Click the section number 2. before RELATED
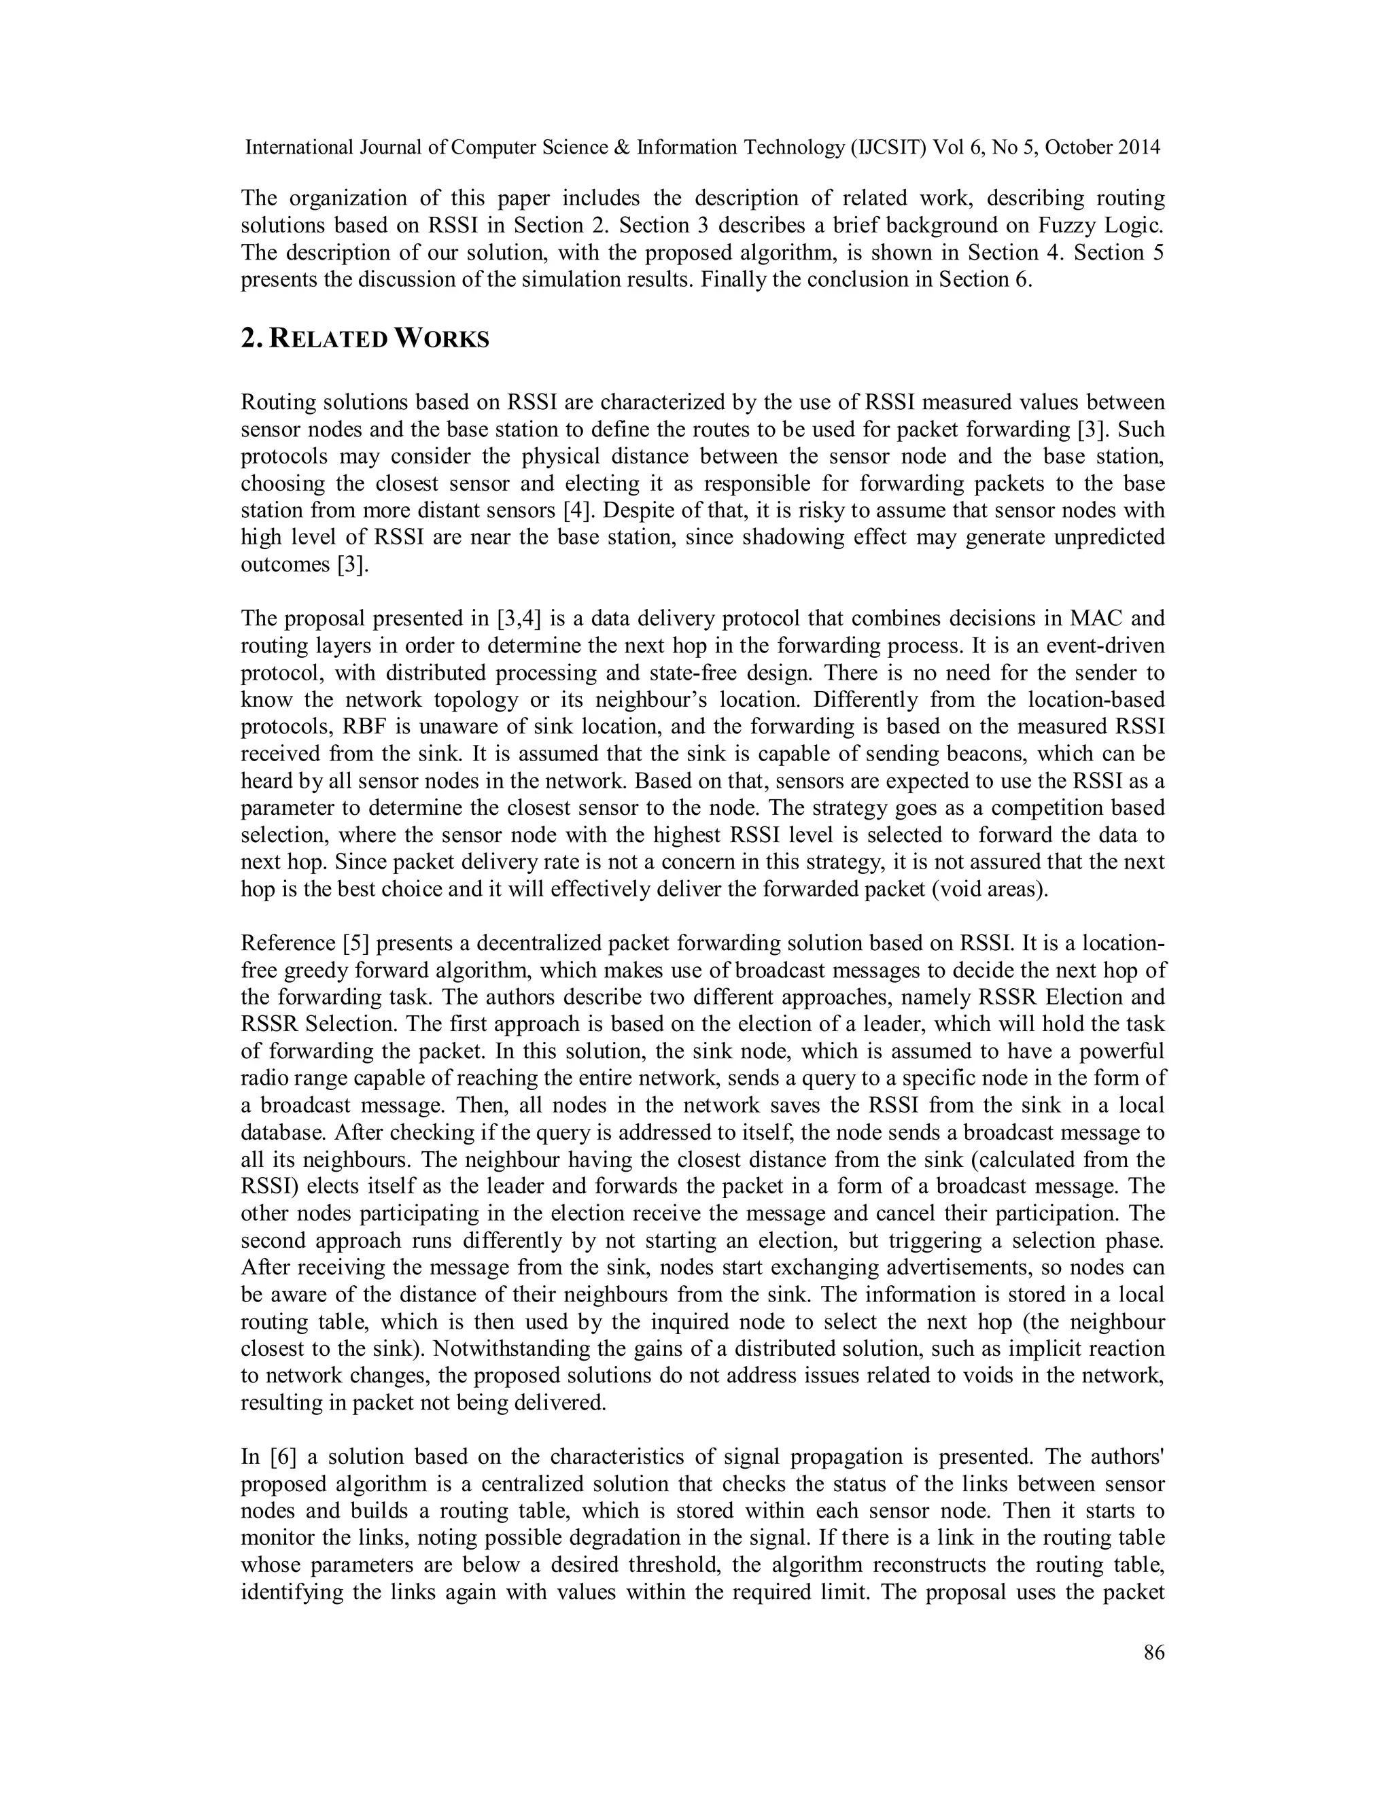(x=251, y=339)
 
